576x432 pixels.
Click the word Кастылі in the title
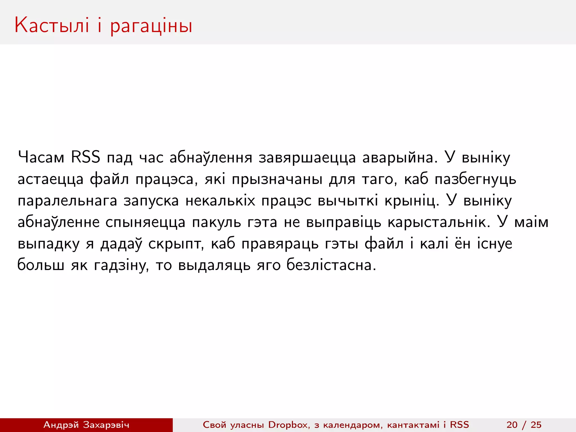click(x=52, y=25)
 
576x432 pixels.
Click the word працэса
click(x=165, y=179)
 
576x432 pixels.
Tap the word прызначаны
click(x=277, y=179)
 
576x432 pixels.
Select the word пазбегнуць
click(x=475, y=179)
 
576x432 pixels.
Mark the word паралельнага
click(x=67, y=201)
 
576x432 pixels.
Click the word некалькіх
click(x=220, y=201)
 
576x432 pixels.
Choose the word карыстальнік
click(x=439, y=222)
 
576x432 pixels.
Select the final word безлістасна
click(x=331, y=265)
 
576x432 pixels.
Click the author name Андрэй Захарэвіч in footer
click(x=86, y=425)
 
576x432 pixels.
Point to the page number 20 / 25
click(x=524, y=425)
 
